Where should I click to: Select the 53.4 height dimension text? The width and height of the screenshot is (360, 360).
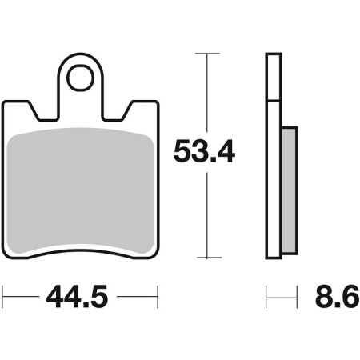coord(204,151)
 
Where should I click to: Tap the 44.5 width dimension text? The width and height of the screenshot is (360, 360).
coord(77,297)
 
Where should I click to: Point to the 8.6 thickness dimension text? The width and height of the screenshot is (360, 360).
coord(337,297)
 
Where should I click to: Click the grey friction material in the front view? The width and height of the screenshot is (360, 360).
coord(81,190)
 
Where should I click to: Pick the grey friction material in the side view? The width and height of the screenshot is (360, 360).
coord(290,190)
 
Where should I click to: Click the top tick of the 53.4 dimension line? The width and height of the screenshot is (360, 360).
coord(207,54)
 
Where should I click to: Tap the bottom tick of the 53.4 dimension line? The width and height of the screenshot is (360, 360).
coord(209,258)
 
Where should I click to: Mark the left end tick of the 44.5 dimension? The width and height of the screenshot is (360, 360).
coord(2,297)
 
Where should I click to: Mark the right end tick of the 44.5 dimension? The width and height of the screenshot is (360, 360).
coord(158,297)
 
